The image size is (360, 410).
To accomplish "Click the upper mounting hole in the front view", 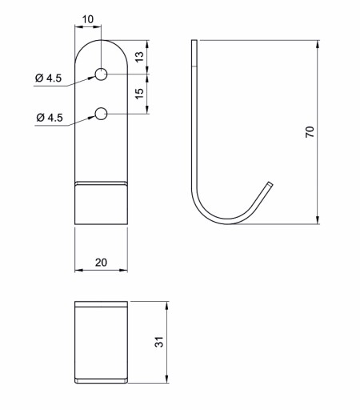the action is [102, 74].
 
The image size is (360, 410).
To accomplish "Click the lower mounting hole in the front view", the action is [102, 114].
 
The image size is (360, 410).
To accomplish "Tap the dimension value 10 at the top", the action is [88, 19].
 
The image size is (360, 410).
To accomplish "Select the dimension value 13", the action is [139, 57].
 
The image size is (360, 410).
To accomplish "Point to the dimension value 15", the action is [139, 94].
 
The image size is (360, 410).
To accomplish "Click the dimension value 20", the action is [101, 263].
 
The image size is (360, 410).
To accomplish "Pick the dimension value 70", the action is [310, 132].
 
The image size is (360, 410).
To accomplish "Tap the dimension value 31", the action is [159, 342].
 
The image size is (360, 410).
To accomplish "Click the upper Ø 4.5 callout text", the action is [48, 78].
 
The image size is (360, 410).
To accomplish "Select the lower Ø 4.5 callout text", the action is [50, 118].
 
